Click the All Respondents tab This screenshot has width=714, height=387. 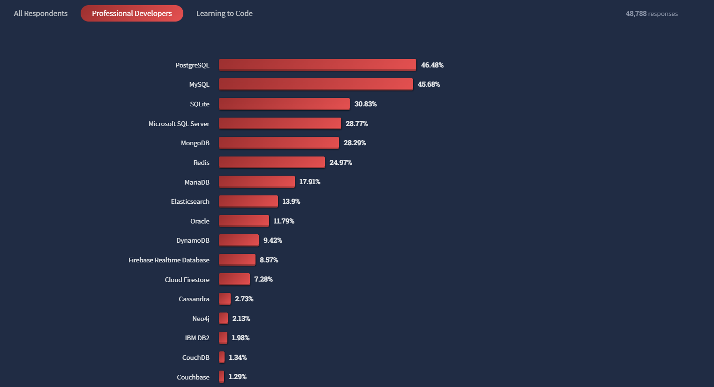point(41,14)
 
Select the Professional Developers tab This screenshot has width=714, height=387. point(132,14)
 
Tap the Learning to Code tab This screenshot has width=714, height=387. point(224,14)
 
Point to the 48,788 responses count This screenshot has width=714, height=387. point(652,14)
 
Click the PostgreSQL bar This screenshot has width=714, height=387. point(317,65)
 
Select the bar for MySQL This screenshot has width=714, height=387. point(316,84)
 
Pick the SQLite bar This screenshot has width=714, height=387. point(284,104)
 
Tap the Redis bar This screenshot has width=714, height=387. point(271,162)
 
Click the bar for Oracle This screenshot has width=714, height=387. point(244,221)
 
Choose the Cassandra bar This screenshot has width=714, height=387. point(225,298)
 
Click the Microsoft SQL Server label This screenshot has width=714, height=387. point(179,124)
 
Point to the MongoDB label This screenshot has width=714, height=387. point(195,143)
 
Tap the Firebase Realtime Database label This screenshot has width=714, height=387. point(169,260)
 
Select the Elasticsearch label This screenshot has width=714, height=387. point(190,201)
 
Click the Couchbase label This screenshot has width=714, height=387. point(193,377)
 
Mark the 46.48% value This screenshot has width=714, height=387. point(432,65)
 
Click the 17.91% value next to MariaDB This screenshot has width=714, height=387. point(310,182)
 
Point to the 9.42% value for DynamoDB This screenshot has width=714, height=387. point(273,240)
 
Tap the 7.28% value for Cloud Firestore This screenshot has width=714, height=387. point(263,279)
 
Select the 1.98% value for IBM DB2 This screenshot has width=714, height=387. point(241,338)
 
